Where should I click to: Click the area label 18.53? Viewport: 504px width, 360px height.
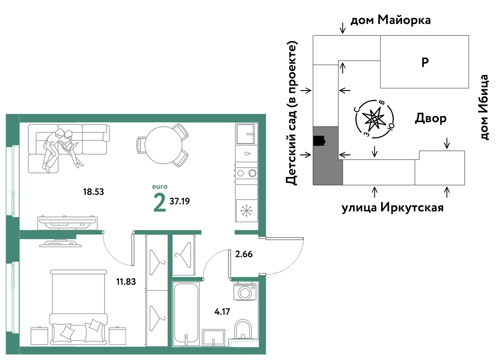93,192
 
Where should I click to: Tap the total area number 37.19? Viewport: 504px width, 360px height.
180,201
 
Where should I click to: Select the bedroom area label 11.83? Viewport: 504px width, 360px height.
126,282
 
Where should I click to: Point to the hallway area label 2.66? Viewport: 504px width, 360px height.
244,254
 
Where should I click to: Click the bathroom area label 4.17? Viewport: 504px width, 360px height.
222,312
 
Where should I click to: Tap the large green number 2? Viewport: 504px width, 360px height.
160,203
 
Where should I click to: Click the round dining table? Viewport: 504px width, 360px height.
163,145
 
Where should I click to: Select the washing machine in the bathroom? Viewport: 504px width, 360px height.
245,292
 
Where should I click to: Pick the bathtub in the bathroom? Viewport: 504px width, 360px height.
186,314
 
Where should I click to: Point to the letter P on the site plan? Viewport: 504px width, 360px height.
425,62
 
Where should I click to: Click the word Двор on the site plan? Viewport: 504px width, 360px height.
431,118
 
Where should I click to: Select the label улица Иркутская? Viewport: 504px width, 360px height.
393,207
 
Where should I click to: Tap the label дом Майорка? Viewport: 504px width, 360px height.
391,20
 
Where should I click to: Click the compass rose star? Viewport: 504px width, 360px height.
375,119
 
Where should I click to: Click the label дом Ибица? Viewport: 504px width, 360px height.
484,107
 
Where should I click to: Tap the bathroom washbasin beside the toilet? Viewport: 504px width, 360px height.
213,338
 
